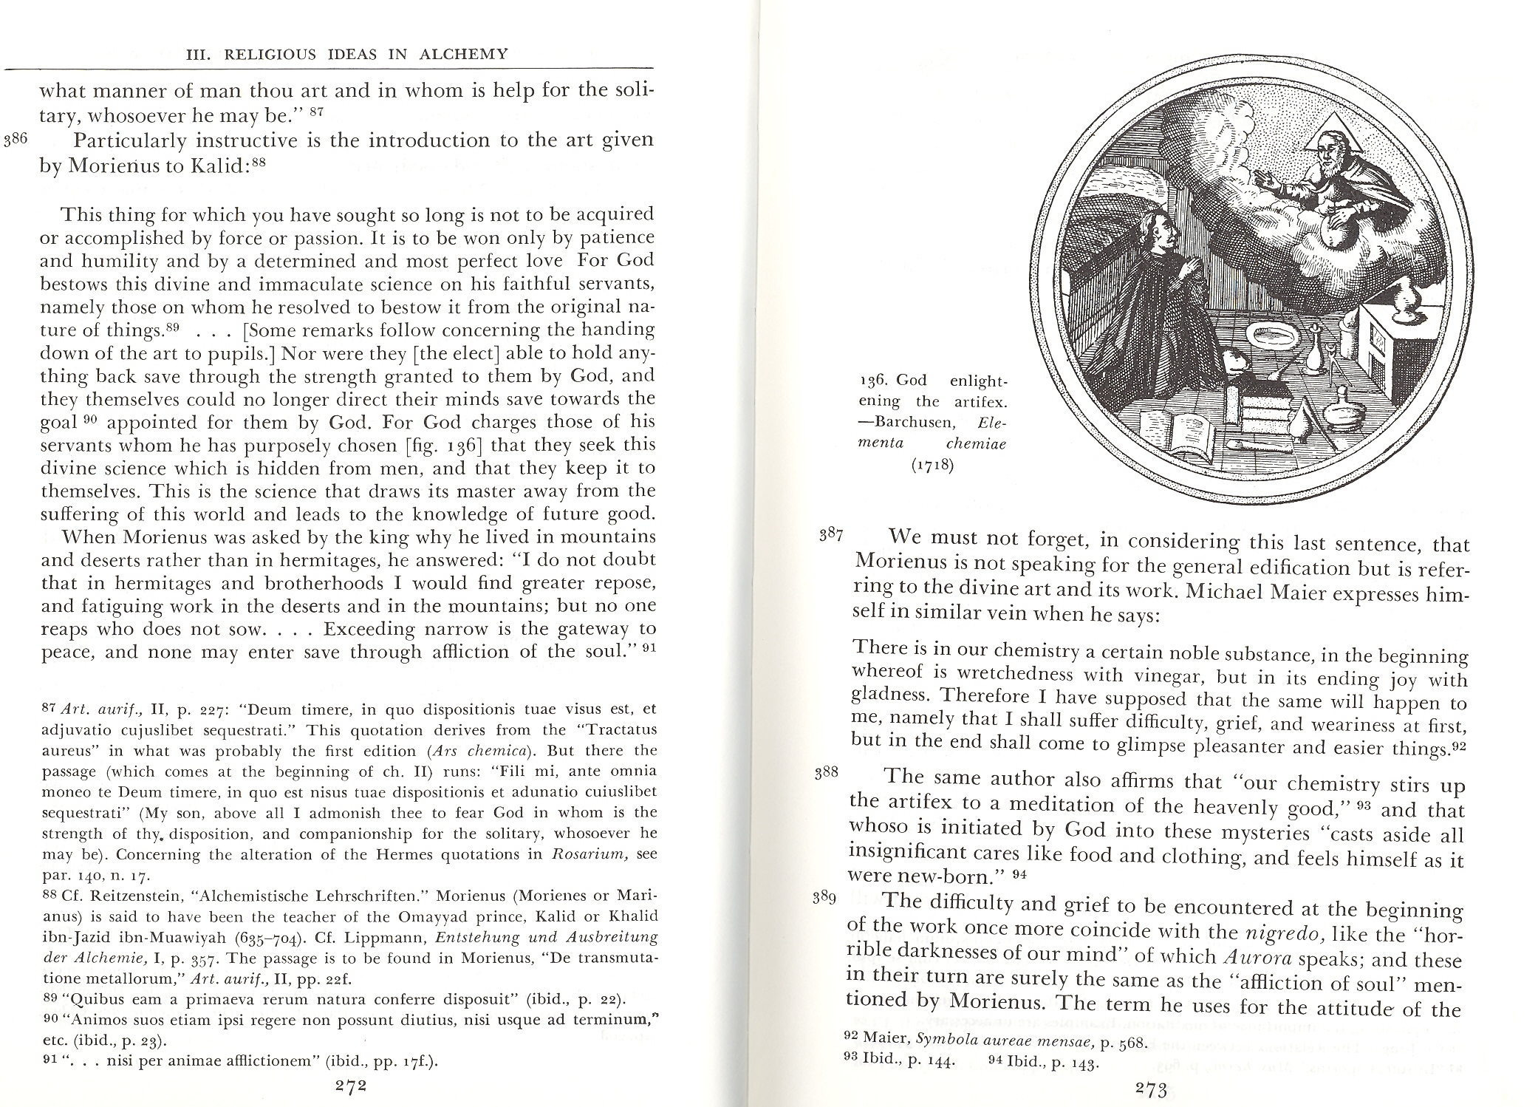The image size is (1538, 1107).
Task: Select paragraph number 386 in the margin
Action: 16,140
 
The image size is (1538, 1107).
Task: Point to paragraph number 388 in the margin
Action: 827,774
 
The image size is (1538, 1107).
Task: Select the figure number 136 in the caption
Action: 869,381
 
